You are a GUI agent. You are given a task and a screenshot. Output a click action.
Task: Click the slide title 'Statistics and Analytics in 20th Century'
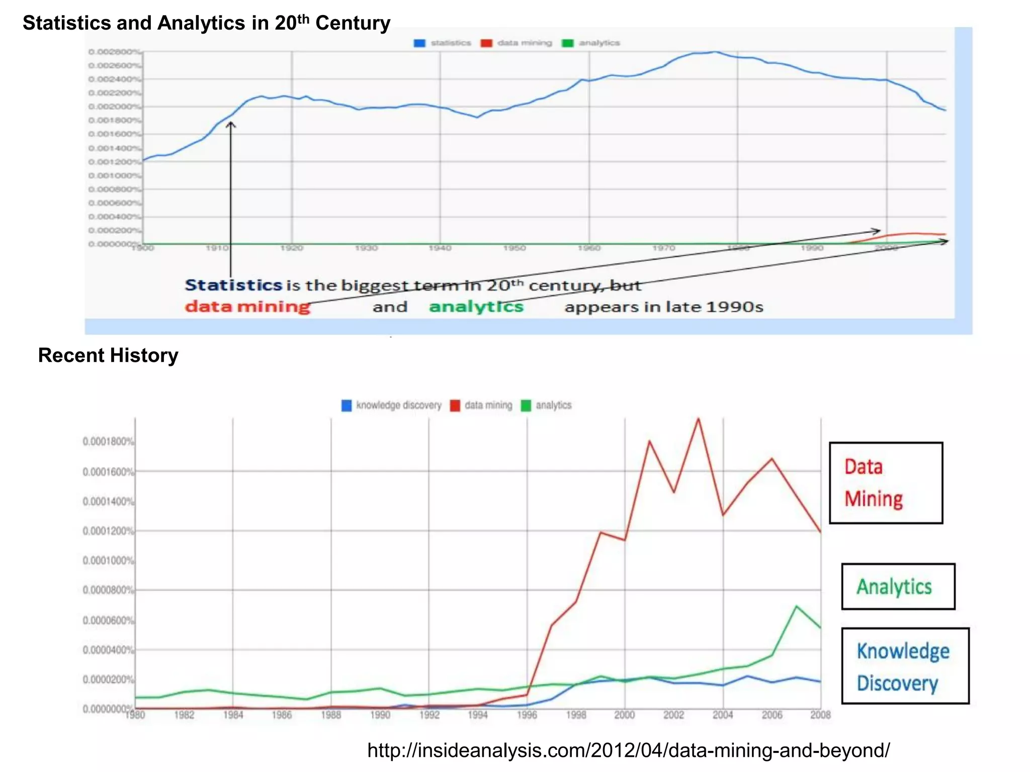(x=206, y=23)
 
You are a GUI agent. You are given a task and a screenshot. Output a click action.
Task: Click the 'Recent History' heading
(x=108, y=355)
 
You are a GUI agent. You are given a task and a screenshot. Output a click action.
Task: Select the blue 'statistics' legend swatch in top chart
(x=419, y=43)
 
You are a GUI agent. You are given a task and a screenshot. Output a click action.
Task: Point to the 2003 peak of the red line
(x=698, y=419)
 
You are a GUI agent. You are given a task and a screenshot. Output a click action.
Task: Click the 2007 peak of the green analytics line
(x=796, y=606)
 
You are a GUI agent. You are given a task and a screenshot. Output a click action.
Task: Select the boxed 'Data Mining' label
(x=885, y=483)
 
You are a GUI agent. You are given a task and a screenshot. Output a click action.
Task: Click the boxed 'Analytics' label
(x=898, y=587)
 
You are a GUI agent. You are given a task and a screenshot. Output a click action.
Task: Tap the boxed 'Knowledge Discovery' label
(x=904, y=666)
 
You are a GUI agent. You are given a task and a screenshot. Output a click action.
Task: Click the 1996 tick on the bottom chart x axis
(x=527, y=715)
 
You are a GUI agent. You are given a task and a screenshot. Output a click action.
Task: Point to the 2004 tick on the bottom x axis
(x=723, y=715)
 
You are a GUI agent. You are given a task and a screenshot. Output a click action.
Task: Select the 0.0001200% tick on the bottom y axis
(x=108, y=531)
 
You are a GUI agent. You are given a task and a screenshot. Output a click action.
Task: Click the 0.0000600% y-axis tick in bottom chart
(x=108, y=620)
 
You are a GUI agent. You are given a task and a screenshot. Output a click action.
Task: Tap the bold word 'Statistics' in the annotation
(x=233, y=285)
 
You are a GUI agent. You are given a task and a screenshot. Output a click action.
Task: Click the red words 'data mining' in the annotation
(x=247, y=306)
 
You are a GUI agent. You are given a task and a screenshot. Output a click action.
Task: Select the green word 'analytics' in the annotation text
(x=476, y=306)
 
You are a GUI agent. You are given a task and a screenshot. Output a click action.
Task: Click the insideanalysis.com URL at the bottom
(x=628, y=750)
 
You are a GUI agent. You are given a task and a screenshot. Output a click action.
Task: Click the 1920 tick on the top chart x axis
(x=291, y=248)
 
